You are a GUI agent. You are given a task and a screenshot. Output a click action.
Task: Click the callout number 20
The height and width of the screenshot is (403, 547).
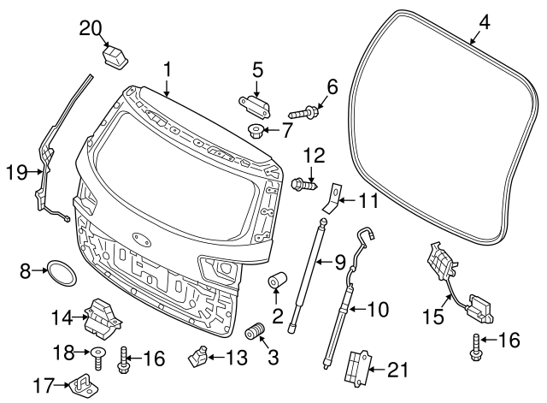coord(91,27)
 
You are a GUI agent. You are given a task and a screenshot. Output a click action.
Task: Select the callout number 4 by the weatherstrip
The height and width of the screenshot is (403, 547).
coord(484,21)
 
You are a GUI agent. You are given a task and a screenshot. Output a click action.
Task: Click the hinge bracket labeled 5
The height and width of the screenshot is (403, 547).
coord(254,107)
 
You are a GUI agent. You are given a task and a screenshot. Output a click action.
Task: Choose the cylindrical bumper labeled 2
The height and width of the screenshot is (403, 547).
coord(279,283)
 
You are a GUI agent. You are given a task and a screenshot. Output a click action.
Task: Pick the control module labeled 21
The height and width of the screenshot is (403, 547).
coord(355,370)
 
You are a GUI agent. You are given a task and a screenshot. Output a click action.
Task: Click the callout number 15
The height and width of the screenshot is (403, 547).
coord(434,316)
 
